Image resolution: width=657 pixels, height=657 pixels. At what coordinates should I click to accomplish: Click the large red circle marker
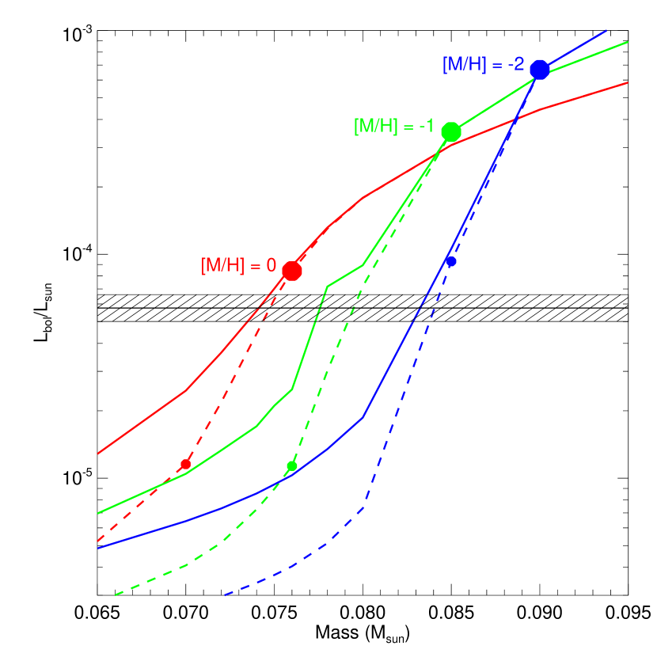[x=292, y=271]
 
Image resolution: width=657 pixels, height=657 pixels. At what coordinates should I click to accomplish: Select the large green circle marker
[x=451, y=131]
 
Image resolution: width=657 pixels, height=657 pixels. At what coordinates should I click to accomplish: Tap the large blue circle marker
[x=540, y=70]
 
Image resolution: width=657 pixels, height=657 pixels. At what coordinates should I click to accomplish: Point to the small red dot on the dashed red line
[x=185, y=464]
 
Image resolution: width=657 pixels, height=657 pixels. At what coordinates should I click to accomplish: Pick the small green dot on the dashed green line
[x=292, y=465]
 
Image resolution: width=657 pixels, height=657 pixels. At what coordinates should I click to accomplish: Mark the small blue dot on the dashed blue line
[x=451, y=261]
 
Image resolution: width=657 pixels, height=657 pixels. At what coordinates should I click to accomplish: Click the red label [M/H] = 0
[x=238, y=266]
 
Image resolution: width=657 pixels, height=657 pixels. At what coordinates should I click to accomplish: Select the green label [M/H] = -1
[x=393, y=126]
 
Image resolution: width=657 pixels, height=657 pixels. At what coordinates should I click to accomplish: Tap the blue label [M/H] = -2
[x=483, y=64]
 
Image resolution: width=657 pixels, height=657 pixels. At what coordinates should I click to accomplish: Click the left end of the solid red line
[x=97, y=454]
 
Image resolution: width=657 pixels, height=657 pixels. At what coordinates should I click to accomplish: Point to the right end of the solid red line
[x=628, y=82]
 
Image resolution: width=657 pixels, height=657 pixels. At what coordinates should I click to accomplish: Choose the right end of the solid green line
[x=628, y=42]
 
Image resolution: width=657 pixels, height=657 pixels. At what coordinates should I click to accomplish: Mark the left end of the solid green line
[x=97, y=513]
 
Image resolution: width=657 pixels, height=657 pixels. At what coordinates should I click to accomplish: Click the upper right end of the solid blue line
[x=606, y=31]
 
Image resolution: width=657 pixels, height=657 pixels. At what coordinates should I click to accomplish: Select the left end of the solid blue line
[x=97, y=548]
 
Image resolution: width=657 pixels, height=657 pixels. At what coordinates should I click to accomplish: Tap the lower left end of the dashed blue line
[x=225, y=594]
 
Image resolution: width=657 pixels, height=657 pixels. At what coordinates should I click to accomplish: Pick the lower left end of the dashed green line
[x=115, y=594]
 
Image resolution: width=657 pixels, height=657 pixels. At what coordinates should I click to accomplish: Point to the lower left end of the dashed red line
[x=97, y=541]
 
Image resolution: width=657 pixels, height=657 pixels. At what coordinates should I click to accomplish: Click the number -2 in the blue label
[x=515, y=64]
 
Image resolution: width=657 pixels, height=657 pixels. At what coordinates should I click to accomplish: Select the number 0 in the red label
[x=272, y=266]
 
